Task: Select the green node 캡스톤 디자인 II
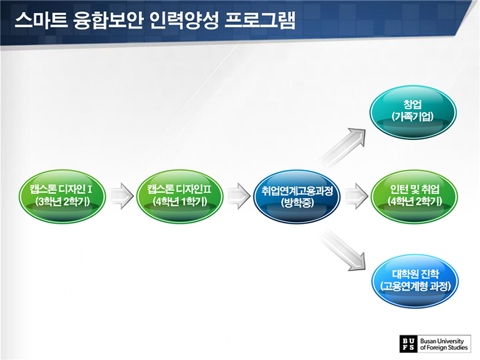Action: click(x=179, y=196)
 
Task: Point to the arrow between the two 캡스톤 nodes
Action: click(x=121, y=196)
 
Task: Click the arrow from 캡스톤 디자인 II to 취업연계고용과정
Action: click(x=238, y=196)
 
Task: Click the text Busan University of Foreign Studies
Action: click(x=444, y=343)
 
